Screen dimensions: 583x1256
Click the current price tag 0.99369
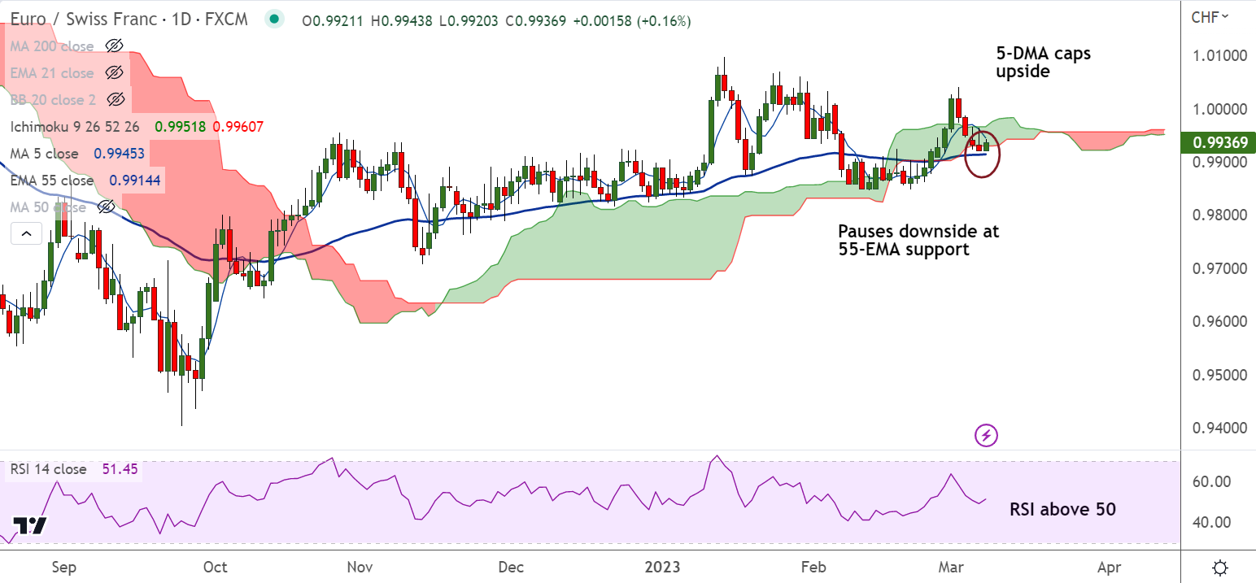click(1223, 143)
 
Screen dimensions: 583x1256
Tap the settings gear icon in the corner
click(1220, 567)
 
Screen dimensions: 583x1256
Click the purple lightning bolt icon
click(986, 435)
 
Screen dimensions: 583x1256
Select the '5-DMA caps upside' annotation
click(1043, 63)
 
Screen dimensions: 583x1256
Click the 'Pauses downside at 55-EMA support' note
click(918, 241)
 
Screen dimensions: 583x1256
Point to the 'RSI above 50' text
click(1062, 510)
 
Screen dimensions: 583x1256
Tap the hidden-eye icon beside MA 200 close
click(115, 46)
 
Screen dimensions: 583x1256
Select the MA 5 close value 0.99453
click(120, 154)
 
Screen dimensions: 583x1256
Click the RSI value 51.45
click(119, 469)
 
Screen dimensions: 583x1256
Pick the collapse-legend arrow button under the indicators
click(26, 235)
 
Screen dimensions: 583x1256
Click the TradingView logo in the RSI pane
click(30, 525)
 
